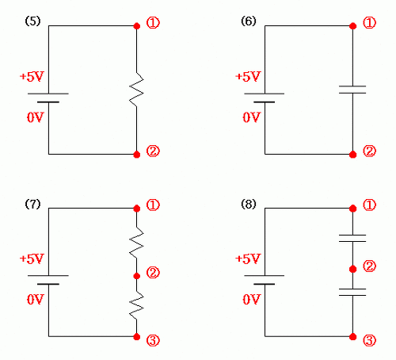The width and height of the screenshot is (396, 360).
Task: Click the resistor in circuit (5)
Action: [136, 90]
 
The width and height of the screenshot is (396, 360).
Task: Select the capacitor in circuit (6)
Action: [352, 90]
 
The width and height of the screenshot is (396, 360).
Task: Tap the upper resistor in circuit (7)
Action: [136, 243]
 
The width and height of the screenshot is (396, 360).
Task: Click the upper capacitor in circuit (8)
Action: [352, 238]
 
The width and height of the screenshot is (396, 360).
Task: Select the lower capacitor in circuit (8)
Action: [352, 292]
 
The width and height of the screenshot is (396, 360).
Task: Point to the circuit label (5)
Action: [32, 21]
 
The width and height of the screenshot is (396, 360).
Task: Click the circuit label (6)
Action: [249, 21]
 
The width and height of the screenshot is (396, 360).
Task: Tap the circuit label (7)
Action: [32, 204]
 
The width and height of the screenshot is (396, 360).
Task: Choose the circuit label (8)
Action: [249, 204]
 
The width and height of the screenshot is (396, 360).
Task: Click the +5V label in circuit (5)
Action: [32, 77]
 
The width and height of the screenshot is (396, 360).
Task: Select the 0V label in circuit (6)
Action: [251, 117]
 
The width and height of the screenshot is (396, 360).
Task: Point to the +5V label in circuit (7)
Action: [32, 259]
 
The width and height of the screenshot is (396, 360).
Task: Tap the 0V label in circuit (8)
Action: [251, 300]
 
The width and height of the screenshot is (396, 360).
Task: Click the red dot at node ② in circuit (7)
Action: [137, 276]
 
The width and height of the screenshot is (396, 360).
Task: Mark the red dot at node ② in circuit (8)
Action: [352, 269]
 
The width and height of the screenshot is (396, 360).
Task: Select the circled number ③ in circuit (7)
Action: [153, 340]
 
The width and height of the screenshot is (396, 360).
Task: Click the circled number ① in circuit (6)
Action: [369, 23]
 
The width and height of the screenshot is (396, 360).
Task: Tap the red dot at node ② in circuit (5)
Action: [137, 155]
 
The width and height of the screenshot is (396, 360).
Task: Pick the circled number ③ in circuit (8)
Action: [369, 340]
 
